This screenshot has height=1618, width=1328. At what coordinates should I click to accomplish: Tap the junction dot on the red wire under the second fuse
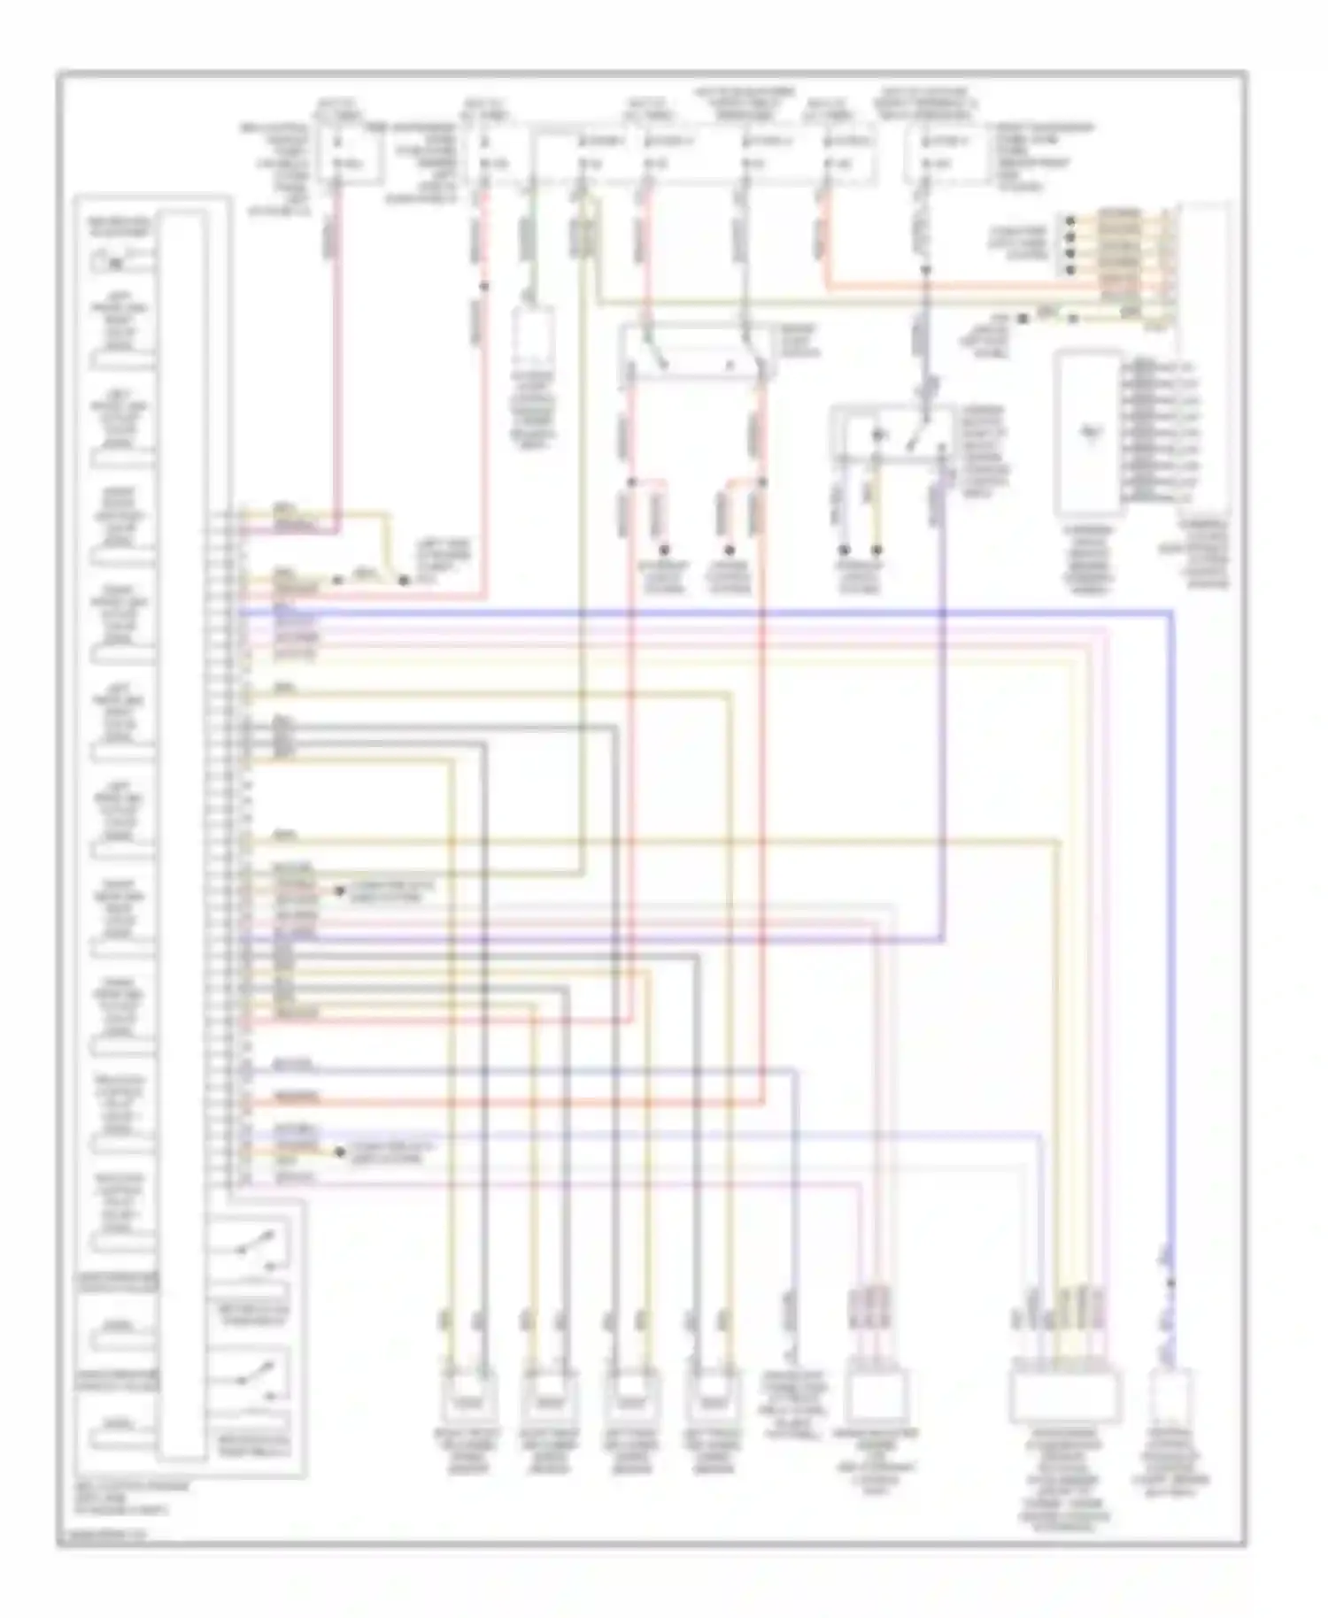(484, 286)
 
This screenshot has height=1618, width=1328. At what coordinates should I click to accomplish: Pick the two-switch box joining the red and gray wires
(695, 355)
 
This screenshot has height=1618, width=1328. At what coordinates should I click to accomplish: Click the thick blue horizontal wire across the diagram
(708, 611)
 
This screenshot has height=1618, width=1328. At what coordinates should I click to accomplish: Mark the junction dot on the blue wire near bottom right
(1170, 1283)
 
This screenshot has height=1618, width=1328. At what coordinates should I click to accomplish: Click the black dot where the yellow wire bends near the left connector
(404, 581)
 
